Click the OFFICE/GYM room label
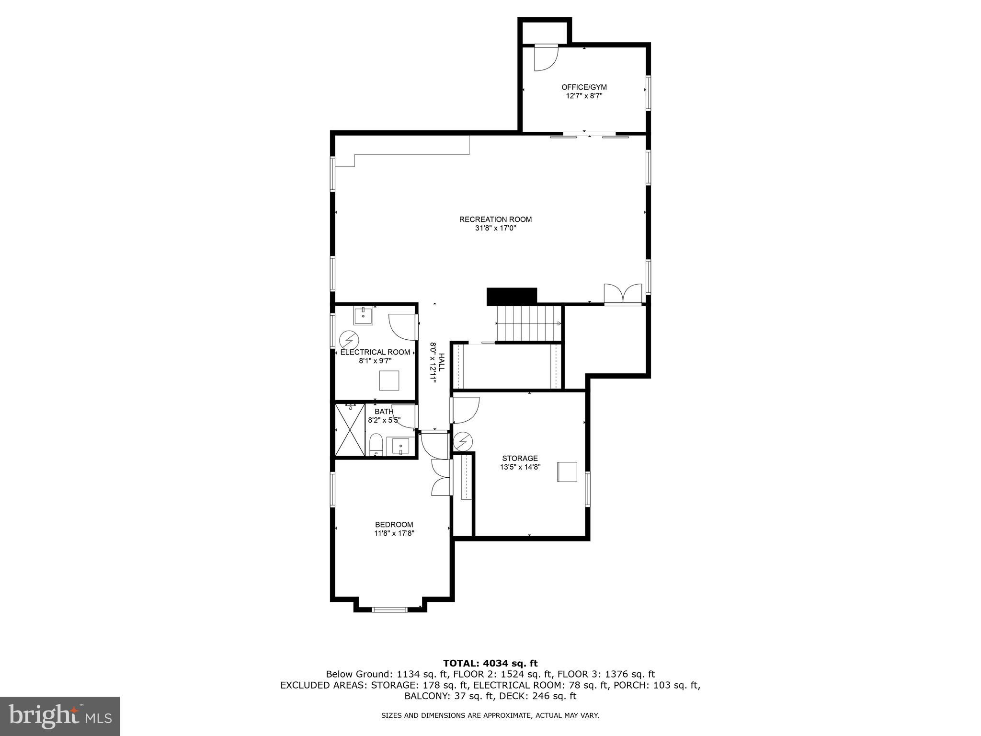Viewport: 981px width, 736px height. click(584, 87)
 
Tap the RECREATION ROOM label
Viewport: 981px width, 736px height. click(495, 219)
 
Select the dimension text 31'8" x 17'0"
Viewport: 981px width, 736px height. click(495, 229)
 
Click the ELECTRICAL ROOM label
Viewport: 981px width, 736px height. click(375, 352)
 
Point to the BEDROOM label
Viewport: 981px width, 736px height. click(394, 525)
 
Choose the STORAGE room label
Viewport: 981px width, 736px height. click(520, 459)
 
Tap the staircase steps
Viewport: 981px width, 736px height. click(528, 323)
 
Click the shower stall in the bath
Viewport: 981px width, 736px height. click(350, 430)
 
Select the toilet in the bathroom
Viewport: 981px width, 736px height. click(376, 445)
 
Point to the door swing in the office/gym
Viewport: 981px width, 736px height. click(546, 57)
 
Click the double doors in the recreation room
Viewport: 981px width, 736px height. click(623, 293)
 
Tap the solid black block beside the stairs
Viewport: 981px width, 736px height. click(512, 296)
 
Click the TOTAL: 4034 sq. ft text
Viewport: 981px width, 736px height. click(490, 663)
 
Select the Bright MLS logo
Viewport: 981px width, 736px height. click(60, 716)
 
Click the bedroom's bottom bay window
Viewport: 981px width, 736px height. click(390, 609)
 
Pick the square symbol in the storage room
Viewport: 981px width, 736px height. click(567, 471)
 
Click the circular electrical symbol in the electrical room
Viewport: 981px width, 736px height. click(348, 340)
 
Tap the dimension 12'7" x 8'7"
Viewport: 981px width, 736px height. click(584, 96)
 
